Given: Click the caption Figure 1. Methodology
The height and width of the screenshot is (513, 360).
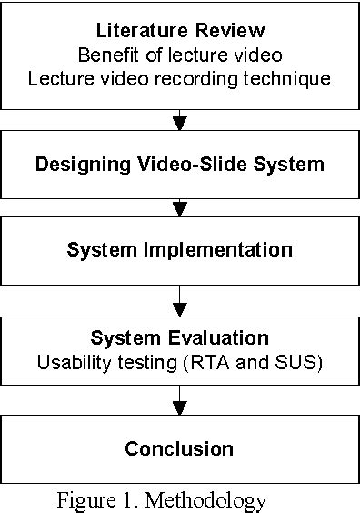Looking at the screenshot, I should [162, 499].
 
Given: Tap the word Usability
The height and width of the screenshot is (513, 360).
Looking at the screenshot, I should [74, 362].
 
